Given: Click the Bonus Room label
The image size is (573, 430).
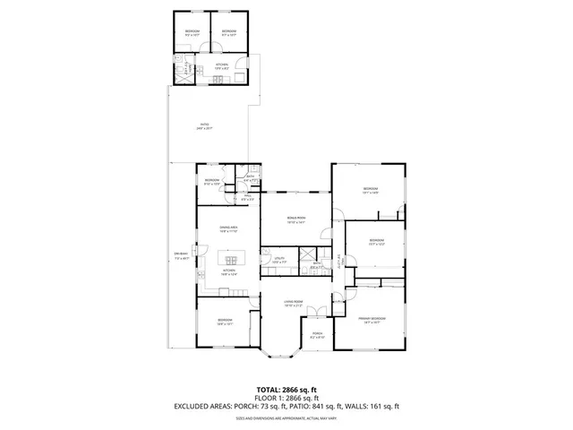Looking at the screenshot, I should coord(296,219).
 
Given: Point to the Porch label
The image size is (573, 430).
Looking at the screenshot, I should coord(317,334).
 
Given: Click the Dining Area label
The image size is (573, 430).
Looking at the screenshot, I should coord(228,230).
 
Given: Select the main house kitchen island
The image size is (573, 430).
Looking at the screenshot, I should coord(229,259).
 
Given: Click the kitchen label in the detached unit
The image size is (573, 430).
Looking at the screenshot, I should coord(221,65).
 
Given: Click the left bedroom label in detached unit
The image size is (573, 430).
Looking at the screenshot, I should coord(192,34).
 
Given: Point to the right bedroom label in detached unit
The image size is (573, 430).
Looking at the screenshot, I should coord(228,34).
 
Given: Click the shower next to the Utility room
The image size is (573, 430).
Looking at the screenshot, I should coord(307,254).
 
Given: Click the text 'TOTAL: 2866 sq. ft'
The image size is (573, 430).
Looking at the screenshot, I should coord(286,390).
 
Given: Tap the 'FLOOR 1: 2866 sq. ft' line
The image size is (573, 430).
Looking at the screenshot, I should coord(286,400).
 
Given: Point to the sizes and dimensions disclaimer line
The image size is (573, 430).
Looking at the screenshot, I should coord(286,418).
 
